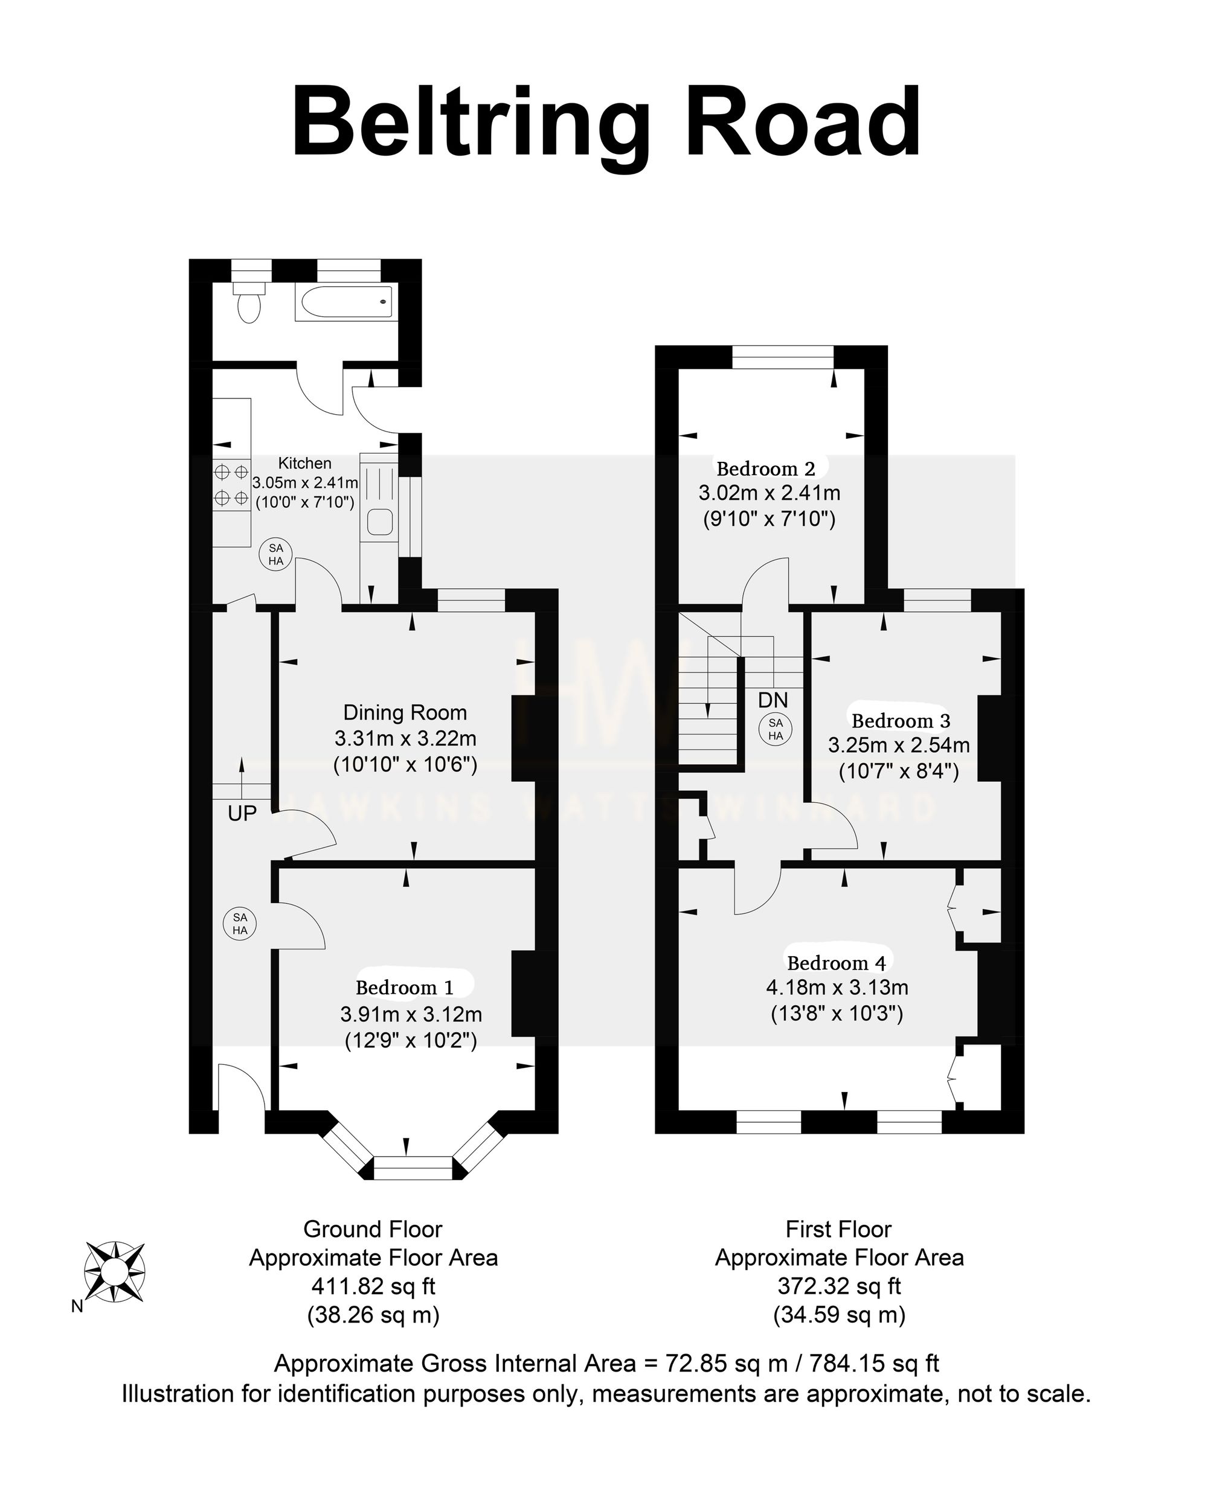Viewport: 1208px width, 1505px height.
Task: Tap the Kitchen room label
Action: coord(304,463)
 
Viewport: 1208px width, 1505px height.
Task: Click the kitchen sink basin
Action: coord(381,522)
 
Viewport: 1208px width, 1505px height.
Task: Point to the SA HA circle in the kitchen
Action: coord(276,554)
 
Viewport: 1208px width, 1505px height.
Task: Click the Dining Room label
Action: coord(405,713)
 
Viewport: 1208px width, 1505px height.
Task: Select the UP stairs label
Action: coord(242,813)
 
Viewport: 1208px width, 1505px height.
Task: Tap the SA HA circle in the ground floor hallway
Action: coord(240,924)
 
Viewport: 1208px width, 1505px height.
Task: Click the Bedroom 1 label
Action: coord(404,988)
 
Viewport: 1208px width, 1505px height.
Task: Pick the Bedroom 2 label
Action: coord(766,468)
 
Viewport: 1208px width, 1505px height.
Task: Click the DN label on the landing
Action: coord(773,700)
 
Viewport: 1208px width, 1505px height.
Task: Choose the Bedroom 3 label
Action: coord(901,720)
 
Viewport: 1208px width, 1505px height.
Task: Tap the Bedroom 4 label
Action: coord(837,963)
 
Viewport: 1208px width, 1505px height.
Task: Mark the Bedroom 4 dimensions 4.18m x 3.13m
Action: coord(837,988)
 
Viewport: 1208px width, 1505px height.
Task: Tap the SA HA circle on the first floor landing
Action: coord(776,729)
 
